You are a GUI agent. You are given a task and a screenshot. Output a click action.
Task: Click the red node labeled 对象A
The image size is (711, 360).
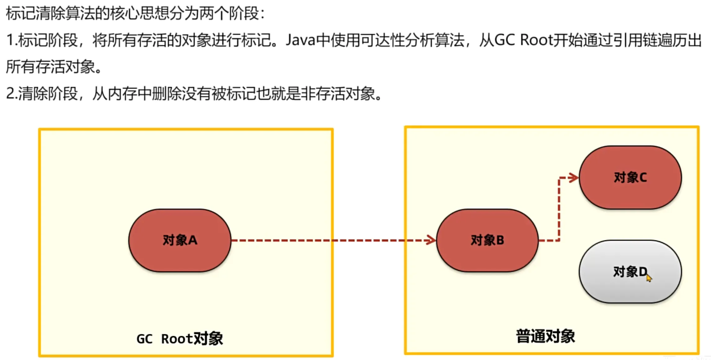coord(180,240)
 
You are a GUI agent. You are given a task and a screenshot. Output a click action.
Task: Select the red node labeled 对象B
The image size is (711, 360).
coord(487,240)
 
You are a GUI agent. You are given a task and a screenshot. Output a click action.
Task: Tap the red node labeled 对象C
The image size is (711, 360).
coord(630,178)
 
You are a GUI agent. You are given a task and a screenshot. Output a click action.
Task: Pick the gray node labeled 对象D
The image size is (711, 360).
coord(630,272)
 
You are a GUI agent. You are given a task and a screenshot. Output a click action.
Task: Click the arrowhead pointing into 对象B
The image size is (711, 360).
coord(431,240)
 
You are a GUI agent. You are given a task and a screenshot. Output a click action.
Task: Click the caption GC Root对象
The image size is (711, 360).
coord(179,339)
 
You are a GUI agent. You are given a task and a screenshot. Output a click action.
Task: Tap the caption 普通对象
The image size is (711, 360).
coord(545,336)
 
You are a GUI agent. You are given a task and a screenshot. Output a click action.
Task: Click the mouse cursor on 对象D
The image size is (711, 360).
coord(649,278)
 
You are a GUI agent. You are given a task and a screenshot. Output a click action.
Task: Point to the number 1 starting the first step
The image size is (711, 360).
coord(10,40)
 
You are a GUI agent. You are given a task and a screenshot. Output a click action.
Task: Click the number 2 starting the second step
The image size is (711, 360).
coord(10,94)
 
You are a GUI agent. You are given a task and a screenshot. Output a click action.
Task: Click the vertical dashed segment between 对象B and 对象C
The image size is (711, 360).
coord(559,209)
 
